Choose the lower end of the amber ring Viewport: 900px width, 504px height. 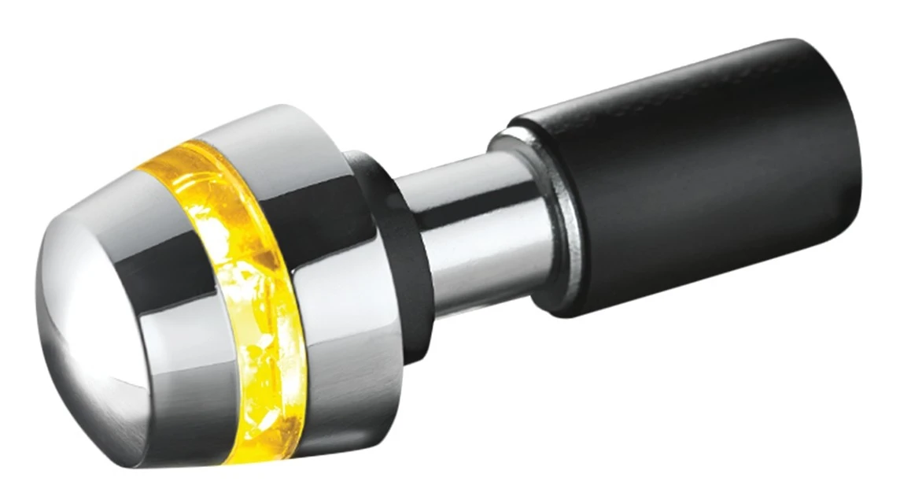pos(267,441)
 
